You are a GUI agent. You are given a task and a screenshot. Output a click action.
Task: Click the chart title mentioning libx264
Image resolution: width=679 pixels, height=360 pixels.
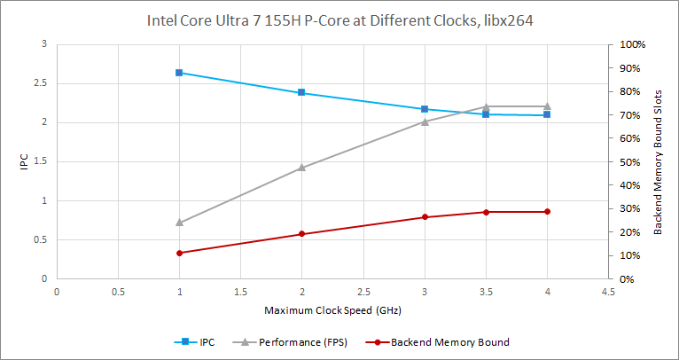point(339,19)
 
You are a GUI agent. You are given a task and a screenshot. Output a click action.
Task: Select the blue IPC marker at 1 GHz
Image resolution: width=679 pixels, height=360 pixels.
point(179,73)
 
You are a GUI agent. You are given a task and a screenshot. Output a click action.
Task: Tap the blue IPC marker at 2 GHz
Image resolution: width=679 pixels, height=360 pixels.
point(302,92)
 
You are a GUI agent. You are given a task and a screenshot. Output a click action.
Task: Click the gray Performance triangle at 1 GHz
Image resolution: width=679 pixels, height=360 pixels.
point(179,223)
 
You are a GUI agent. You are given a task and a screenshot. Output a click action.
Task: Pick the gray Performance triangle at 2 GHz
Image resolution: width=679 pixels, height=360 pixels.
point(302,167)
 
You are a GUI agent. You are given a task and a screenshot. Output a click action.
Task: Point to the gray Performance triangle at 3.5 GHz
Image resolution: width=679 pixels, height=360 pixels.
point(486,106)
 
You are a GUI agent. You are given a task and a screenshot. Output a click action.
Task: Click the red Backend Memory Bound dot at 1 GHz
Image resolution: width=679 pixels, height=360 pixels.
point(179,253)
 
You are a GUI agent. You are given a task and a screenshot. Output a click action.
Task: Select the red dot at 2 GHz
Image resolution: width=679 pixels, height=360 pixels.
point(302,234)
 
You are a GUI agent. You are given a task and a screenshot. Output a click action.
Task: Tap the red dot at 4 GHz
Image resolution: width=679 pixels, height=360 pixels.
point(547,212)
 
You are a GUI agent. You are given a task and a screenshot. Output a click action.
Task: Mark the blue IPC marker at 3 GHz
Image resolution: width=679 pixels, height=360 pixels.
point(425,109)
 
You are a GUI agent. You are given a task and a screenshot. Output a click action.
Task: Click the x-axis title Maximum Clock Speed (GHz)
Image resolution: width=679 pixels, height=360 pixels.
point(332,311)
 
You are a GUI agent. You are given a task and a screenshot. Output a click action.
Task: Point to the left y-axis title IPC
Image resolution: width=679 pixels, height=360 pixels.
point(24,161)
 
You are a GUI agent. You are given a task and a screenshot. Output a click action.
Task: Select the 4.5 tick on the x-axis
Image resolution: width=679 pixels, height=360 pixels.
point(608,290)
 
